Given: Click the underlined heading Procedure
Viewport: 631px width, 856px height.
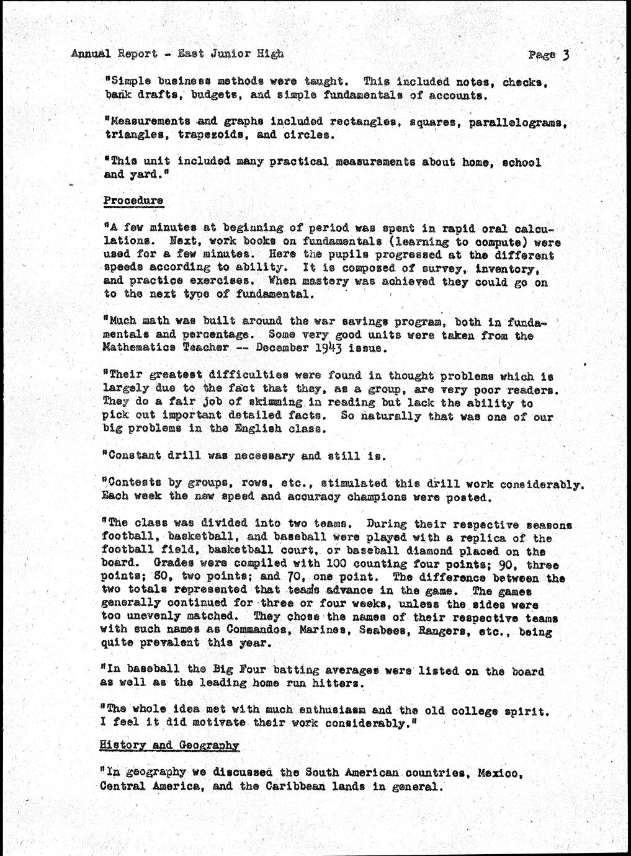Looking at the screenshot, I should (x=133, y=201).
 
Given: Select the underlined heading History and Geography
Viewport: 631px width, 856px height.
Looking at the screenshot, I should (x=169, y=746).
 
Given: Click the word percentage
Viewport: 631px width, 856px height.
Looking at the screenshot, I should (x=203, y=335).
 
